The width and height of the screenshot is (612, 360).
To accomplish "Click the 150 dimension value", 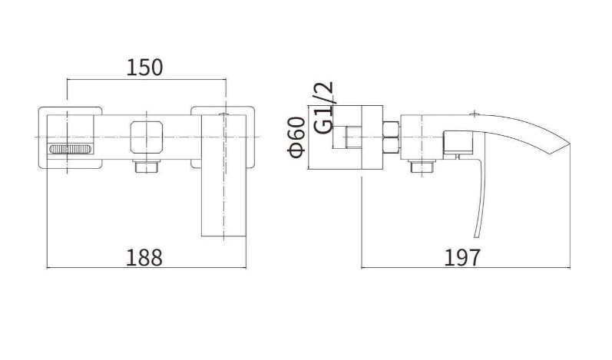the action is tap(144, 68).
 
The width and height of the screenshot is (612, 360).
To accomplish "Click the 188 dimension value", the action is tap(144, 258).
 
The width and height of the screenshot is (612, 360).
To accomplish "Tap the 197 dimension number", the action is tap(462, 258).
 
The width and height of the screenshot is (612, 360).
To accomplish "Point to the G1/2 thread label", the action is tap(324, 107).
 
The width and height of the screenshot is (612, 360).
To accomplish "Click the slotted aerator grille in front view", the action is tap(71, 149).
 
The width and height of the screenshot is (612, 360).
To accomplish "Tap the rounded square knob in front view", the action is tap(147, 137).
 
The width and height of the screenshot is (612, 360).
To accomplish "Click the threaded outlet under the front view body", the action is tap(147, 166).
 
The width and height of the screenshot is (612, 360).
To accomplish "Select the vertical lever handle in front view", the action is tap(223, 176).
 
